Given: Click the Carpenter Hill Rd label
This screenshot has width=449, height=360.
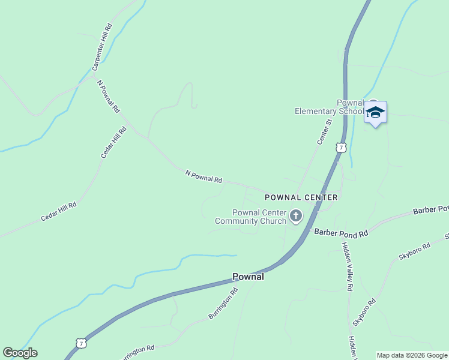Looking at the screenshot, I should click(x=103, y=47).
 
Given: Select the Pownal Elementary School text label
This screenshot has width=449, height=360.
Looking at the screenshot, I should click(x=329, y=107).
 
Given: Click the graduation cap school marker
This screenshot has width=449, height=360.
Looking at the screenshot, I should click(x=375, y=112).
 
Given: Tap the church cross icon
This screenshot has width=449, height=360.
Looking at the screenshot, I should click(x=295, y=215).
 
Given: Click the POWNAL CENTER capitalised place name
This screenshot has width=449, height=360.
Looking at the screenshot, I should click(x=301, y=197).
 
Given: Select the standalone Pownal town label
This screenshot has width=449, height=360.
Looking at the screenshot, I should click(x=248, y=277).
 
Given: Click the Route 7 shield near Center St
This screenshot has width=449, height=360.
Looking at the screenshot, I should click(x=341, y=148).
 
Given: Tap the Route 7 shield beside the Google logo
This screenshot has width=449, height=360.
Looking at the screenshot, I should click(x=80, y=343).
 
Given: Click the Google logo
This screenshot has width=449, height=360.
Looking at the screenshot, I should click(x=20, y=353).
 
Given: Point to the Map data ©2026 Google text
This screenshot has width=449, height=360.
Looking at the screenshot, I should click(x=412, y=355).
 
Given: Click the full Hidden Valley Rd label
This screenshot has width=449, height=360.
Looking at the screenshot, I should click(x=348, y=267).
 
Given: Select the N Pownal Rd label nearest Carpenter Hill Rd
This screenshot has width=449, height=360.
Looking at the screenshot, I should click(x=109, y=97).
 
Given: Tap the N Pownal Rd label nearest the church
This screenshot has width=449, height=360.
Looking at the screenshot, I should click(x=203, y=176).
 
